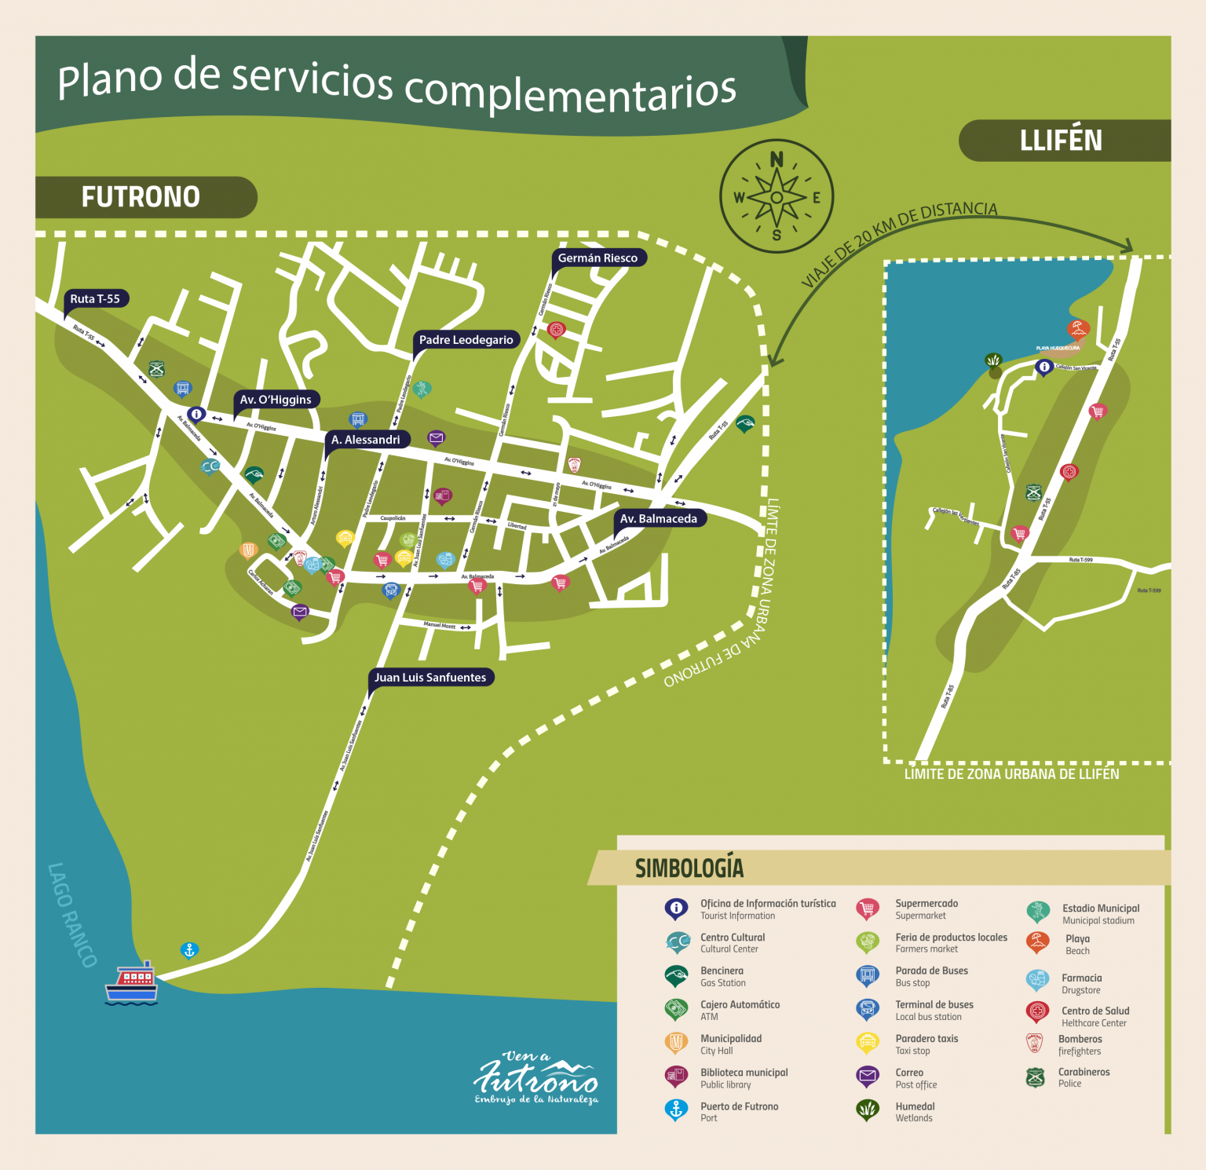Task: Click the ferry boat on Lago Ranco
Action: pyautogui.click(x=132, y=982)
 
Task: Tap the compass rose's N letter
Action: pyautogui.click(x=777, y=159)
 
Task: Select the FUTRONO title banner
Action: pyautogui.click(x=141, y=196)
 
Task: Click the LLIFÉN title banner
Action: pyautogui.click(x=1061, y=141)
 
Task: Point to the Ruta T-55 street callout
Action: pyautogui.click(x=95, y=299)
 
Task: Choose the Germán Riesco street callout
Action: pyautogui.click(x=598, y=258)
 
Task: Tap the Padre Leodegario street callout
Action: pyautogui.click(x=466, y=340)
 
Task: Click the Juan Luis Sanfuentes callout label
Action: pyautogui.click(x=430, y=678)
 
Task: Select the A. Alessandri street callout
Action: pyautogui.click(x=366, y=440)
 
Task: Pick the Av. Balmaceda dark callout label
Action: pyautogui.click(x=658, y=519)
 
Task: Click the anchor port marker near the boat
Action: pyautogui.click(x=189, y=950)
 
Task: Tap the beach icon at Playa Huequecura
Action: pyautogui.click(x=1078, y=328)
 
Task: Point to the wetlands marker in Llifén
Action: pyautogui.click(x=994, y=360)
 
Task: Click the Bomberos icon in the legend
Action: pyautogui.click(x=1035, y=1044)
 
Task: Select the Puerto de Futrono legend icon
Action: pyautogui.click(x=675, y=1110)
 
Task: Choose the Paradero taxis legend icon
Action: pyautogui.click(x=867, y=1043)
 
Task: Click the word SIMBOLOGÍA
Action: pyautogui.click(x=689, y=868)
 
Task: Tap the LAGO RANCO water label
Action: pyautogui.click(x=72, y=915)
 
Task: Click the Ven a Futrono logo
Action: pyautogui.click(x=536, y=1078)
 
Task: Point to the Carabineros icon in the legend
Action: pyautogui.click(x=1035, y=1077)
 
